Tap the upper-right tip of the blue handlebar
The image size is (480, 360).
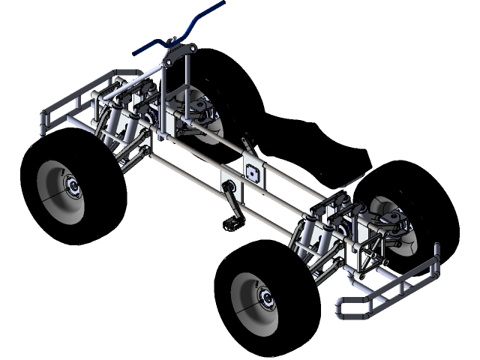click(222, 3)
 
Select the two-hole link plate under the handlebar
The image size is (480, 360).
click(179, 53)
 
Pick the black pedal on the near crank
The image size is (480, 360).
click(231, 223)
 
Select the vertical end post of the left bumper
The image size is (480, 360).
click(43, 123)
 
